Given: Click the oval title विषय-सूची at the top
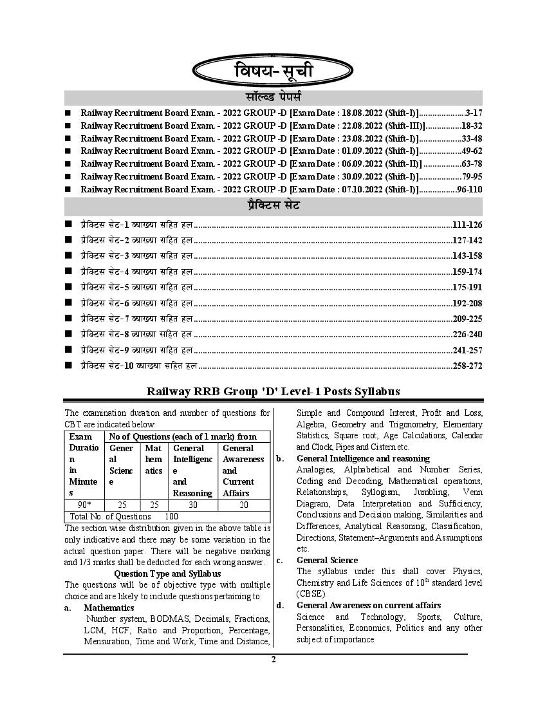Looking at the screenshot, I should click(273, 71).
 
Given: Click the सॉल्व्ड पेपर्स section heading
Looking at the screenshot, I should click(273, 98).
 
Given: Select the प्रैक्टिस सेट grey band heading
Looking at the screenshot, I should click(273, 206).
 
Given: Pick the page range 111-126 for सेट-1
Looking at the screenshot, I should click(467, 225).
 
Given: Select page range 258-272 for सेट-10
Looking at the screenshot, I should click(467, 366).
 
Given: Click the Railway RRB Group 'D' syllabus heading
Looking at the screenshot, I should click(273, 391).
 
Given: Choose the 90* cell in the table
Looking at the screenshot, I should click(84, 505).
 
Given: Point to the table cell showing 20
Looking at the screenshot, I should click(243, 505).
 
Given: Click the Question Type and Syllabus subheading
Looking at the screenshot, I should click(167, 573).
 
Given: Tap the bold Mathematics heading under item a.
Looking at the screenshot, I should click(109, 608).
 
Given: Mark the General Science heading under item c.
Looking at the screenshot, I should click(327, 561).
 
